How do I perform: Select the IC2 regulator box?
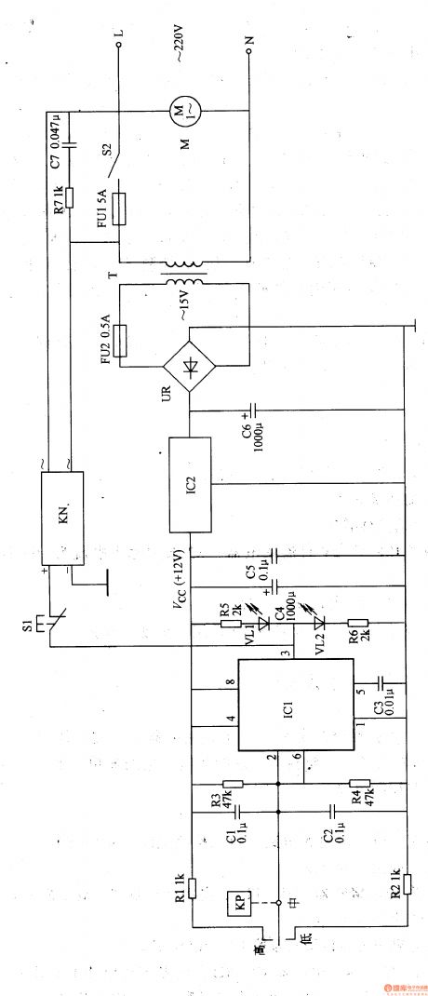click(x=189, y=485)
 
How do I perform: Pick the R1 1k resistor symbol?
click(x=193, y=885)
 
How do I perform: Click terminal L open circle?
click(x=118, y=43)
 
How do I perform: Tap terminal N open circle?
click(x=249, y=53)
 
